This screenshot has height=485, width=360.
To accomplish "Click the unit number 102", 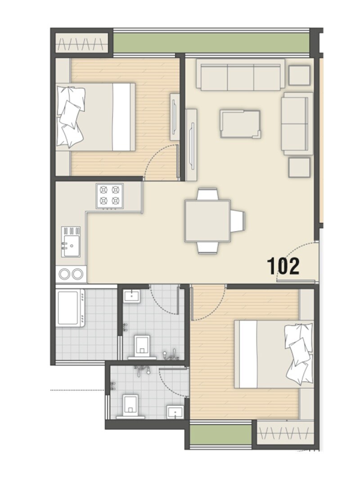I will click(283, 266).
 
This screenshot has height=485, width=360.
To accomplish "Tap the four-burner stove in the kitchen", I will click(110, 196).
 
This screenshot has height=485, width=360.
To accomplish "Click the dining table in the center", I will click(207, 221).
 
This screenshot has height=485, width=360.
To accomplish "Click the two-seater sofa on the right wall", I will click(296, 123).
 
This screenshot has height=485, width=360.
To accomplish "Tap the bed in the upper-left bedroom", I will click(95, 117).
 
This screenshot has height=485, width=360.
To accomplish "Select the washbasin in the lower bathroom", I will click(175, 411).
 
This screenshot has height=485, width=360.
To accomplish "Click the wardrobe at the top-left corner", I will click(81, 43).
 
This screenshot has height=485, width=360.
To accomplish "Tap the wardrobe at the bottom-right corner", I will click(284, 433).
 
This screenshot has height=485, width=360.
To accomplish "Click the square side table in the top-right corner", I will click(299, 75).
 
